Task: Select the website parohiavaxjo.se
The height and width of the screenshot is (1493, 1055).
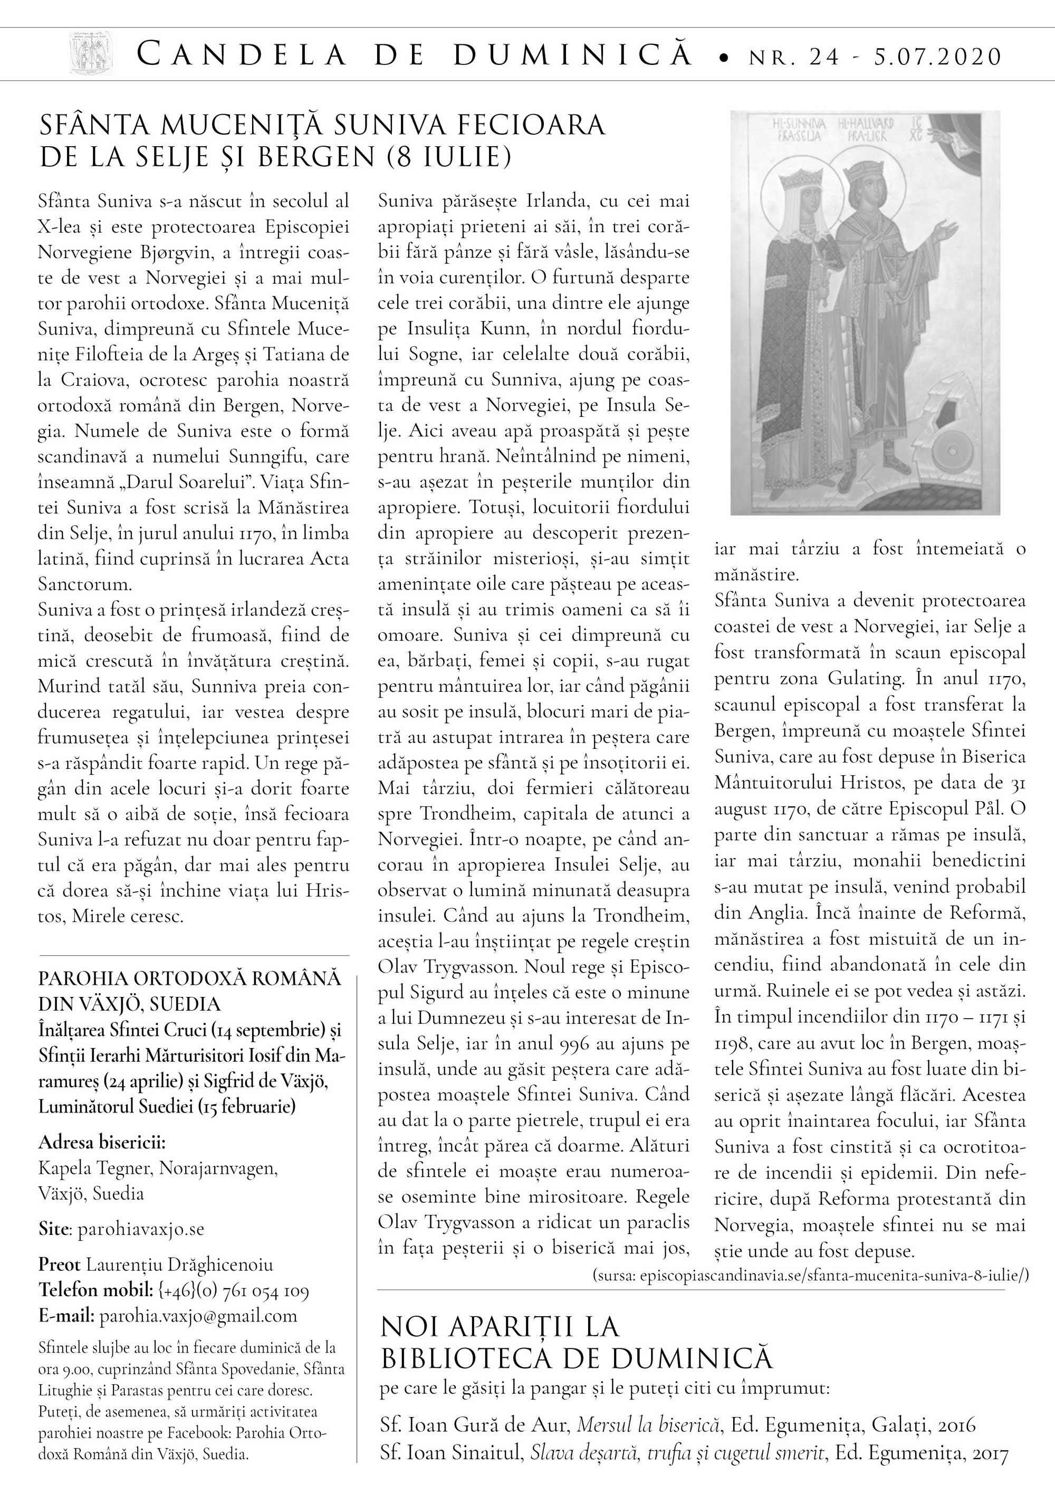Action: click(140, 1229)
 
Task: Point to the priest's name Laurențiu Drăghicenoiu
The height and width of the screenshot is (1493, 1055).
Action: click(179, 1264)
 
